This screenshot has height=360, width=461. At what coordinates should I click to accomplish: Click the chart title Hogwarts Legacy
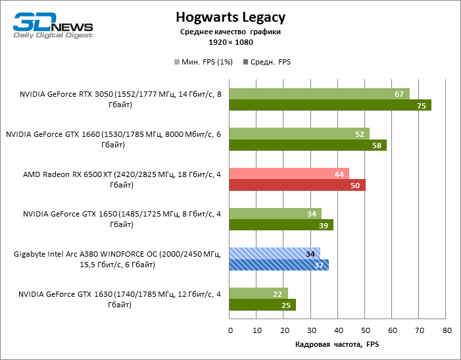coord(231,16)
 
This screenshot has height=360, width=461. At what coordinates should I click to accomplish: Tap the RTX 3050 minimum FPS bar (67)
coord(319,94)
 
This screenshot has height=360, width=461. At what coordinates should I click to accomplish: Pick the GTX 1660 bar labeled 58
coord(308,145)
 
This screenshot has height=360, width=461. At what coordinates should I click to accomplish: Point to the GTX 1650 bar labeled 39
coord(281,225)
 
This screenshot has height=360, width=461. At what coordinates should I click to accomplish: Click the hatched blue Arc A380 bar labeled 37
coord(279,265)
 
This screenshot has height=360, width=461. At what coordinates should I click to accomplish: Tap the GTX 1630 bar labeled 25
coord(262,305)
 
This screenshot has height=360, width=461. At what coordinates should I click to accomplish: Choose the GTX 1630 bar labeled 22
coord(258,294)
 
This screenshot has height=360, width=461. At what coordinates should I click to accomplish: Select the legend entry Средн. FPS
coord(267,63)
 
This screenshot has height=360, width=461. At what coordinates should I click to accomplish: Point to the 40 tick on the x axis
coord(338,330)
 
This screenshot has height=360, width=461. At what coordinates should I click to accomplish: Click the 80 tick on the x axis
coord(447,330)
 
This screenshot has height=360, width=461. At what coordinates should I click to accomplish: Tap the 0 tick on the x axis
coord(230,330)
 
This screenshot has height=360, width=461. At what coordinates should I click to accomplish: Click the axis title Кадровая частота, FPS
coord(337,345)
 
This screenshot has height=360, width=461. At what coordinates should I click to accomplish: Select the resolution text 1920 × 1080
coord(231,41)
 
